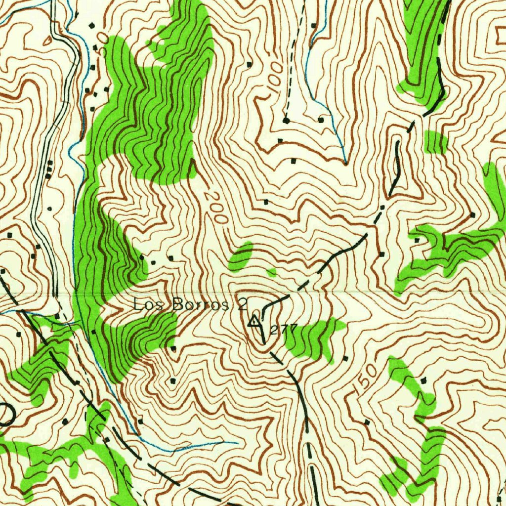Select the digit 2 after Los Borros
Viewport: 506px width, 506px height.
tap(242, 304)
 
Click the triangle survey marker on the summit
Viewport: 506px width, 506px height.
tap(254, 322)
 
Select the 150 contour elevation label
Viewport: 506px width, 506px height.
tap(365, 380)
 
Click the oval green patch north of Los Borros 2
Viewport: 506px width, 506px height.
tap(241, 256)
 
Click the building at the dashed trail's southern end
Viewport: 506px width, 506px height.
tap(286, 120)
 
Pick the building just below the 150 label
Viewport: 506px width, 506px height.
tap(367, 422)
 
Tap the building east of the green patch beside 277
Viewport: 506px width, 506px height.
tap(345, 358)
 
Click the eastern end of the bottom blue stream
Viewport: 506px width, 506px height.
tap(236, 443)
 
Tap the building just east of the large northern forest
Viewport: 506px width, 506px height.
tap(249, 64)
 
